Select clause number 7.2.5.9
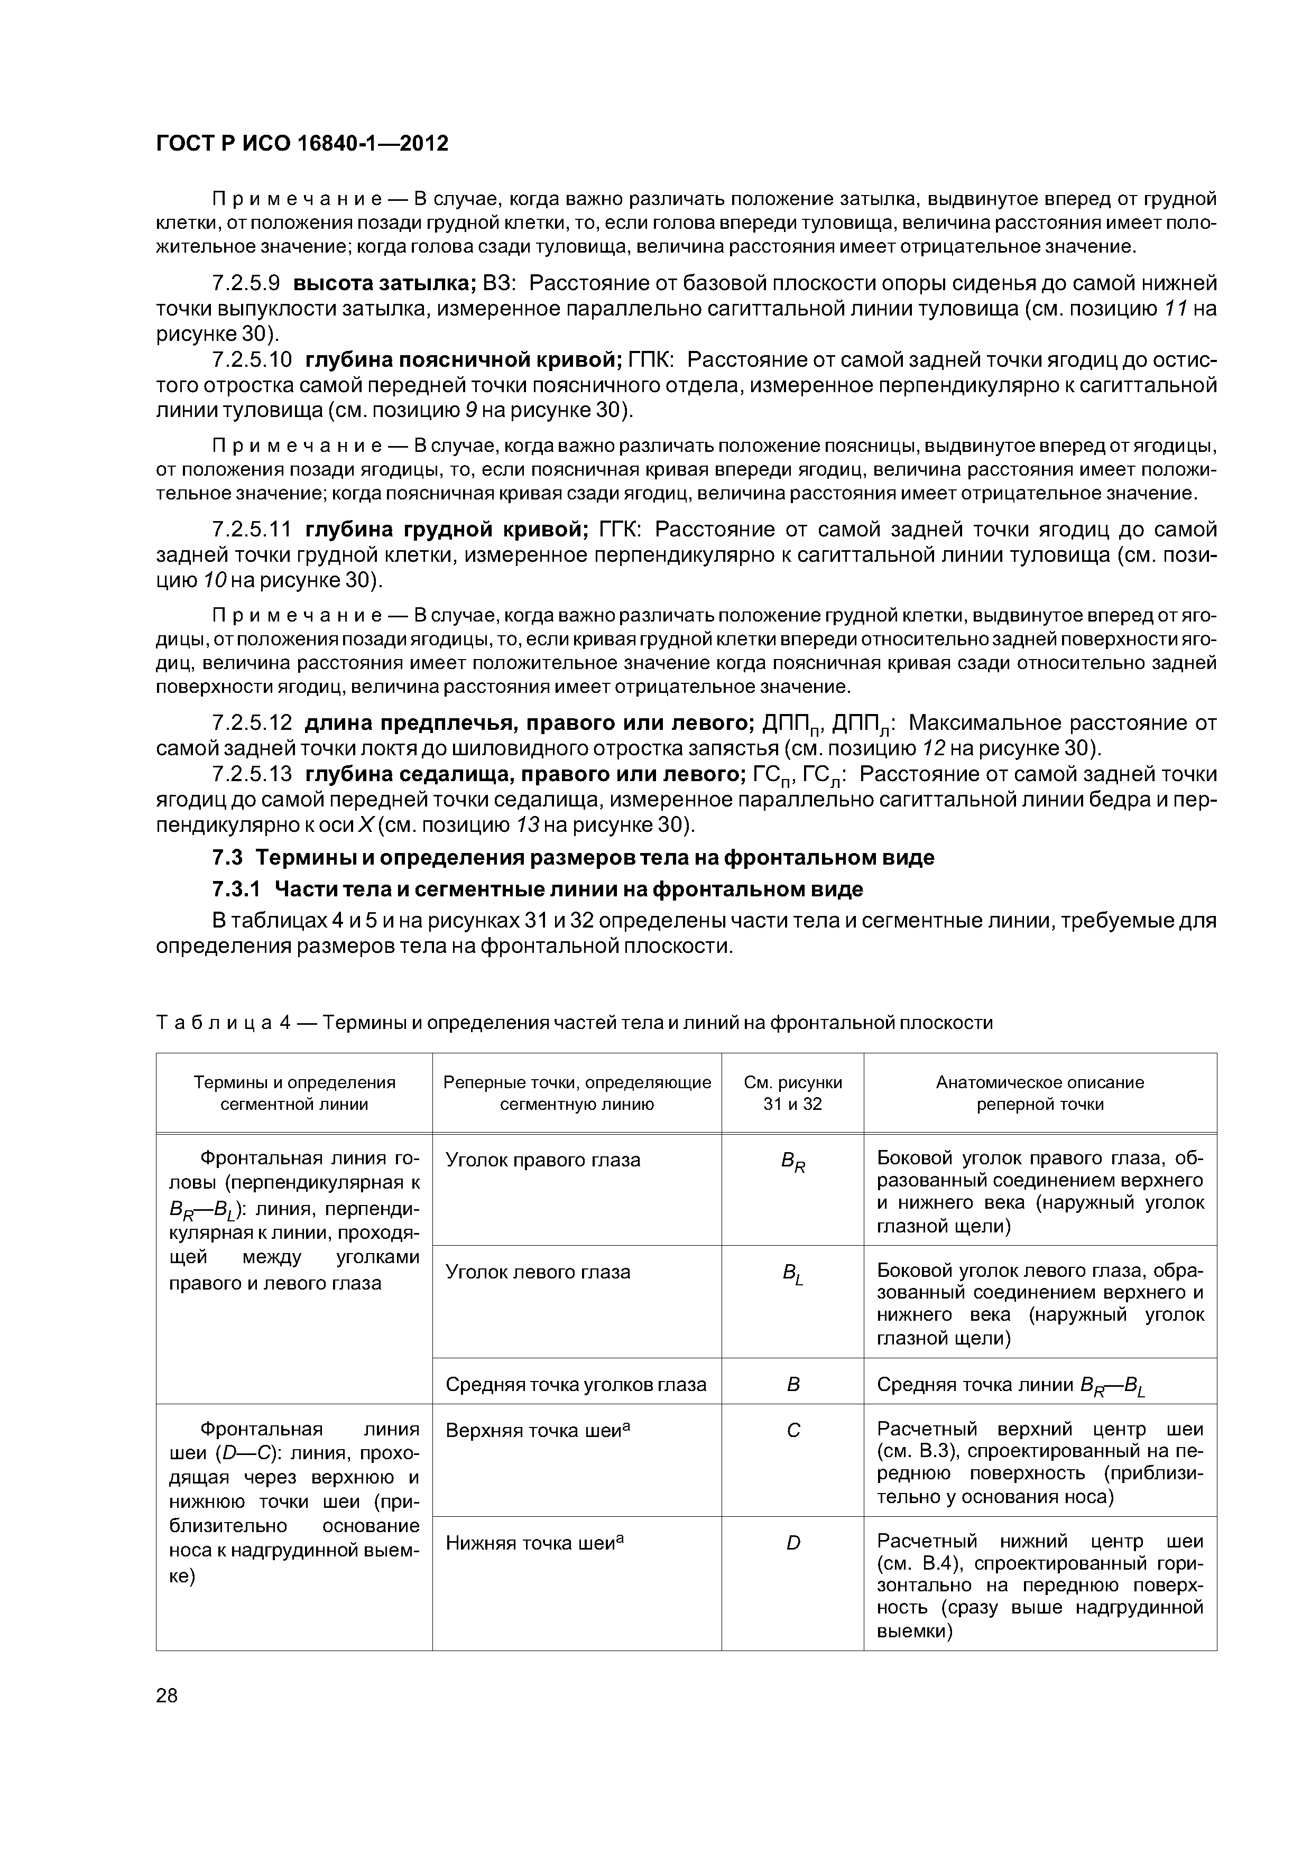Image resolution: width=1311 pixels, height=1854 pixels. point(246,283)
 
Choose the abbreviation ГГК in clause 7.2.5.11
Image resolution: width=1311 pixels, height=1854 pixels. point(618,530)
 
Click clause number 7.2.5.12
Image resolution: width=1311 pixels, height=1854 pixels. point(251,722)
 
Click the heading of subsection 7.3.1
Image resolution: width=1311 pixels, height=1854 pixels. point(537,889)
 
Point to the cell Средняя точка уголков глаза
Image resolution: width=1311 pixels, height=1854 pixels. point(576,1385)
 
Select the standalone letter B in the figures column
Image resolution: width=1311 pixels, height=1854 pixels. point(792,1385)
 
